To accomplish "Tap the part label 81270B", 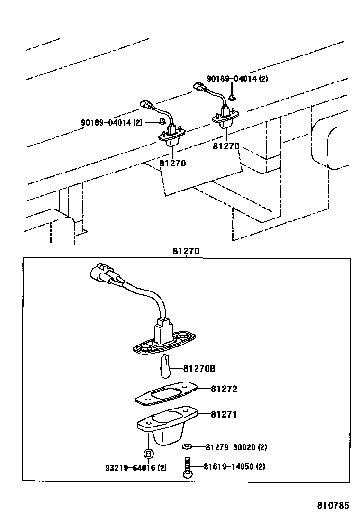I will pos(202,368).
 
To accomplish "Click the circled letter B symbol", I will pos(148,454).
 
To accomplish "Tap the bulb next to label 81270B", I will pos(165,366).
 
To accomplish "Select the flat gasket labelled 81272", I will pos(163,394).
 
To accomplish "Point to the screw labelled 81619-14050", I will pos(186,467).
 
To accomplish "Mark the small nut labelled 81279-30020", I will pos(187,446).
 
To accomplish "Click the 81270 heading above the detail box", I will pos(186,252).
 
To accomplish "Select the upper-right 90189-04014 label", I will pos(237,79).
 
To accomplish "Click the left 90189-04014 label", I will pos(112,122).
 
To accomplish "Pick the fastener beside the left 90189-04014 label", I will pos(162,122).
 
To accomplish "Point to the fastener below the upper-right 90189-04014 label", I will pos(232,97).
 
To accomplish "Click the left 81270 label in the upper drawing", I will pos(172,164).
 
